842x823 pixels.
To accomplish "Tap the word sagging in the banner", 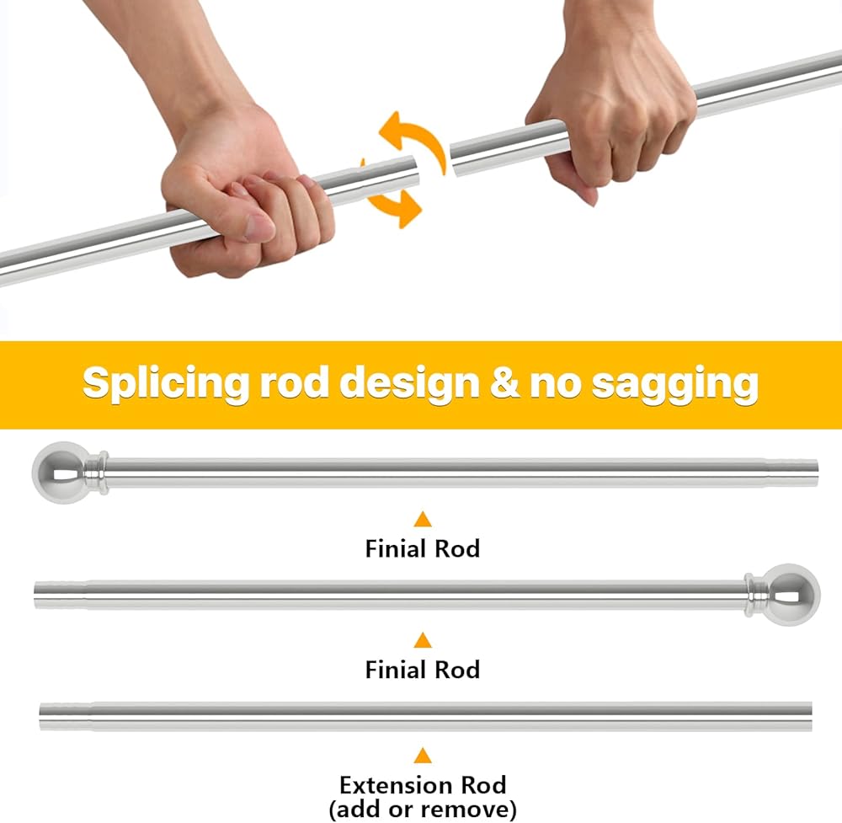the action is (674, 383).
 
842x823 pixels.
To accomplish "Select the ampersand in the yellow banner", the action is (503, 383).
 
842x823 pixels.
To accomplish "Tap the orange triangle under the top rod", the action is (423, 519).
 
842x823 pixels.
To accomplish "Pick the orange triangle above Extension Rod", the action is (423, 756).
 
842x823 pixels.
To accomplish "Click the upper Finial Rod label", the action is (422, 548).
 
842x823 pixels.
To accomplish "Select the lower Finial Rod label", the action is (422, 670).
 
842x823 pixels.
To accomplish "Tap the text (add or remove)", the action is (423, 810).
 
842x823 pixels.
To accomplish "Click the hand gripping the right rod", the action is (610, 118).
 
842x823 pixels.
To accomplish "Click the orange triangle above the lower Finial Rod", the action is (423, 640).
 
